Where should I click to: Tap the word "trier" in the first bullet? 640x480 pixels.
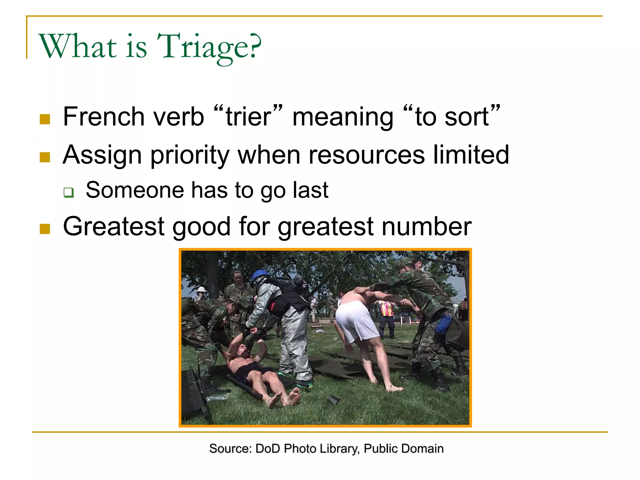coord(248,117)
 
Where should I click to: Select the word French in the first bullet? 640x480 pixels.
coord(103,117)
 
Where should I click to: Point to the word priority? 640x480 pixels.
coord(190,155)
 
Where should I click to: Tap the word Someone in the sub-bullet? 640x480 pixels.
coord(135,190)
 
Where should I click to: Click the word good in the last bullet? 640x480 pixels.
coord(201,227)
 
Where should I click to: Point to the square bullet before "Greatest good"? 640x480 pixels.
coord(45,229)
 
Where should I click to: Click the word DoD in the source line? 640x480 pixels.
coord(267,449)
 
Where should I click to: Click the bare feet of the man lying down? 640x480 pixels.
coord(283,397)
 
